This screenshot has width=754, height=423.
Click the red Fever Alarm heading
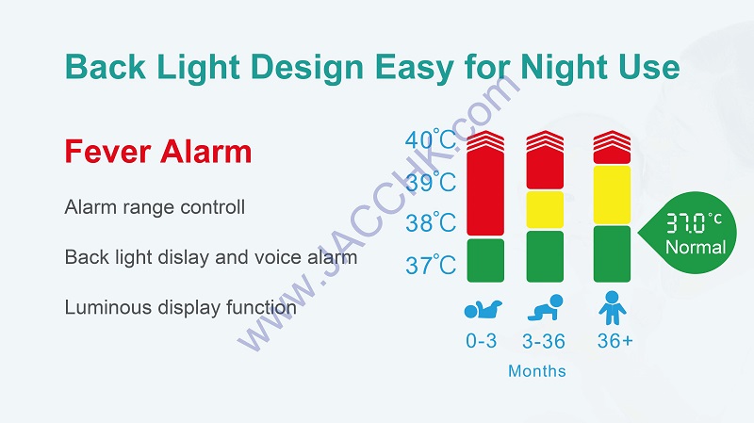point(158,152)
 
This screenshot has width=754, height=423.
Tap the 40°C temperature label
point(431,139)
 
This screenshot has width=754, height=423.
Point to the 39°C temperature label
point(431,182)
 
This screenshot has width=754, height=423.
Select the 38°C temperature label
point(431,222)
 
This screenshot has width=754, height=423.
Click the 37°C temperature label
point(431,265)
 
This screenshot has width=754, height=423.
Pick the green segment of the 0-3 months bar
point(485,260)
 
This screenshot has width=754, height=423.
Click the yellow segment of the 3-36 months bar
point(545,209)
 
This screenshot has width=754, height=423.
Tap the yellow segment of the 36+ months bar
point(612,195)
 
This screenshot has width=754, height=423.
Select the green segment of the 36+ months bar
point(612,253)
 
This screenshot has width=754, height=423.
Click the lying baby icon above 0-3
point(483,309)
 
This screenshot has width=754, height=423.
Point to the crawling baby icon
point(546,307)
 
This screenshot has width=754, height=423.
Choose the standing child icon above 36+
point(612,308)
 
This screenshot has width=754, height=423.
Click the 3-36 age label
point(544,341)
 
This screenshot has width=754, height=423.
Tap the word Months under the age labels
point(537,371)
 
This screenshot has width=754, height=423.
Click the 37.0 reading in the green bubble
point(687,223)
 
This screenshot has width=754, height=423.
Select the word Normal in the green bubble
point(696,247)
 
